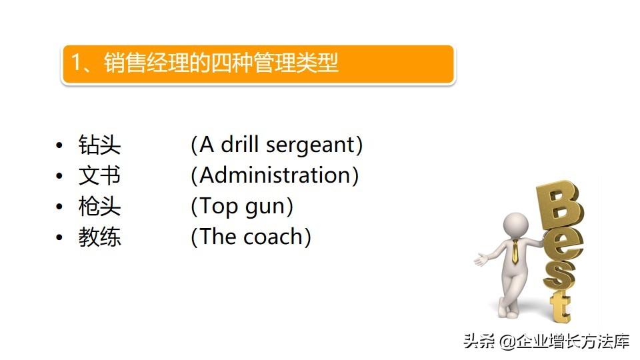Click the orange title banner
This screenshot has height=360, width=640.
coord(258,65)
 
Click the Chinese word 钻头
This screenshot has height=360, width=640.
coord(99,145)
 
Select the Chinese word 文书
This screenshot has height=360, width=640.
coord(99,175)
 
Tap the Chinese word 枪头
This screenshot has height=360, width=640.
coord(99,206)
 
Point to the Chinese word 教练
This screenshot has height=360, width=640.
coord(99,237)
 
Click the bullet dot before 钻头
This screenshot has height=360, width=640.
coord(59,145)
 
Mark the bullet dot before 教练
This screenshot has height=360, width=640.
coord(59,237)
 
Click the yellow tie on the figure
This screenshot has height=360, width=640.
coord(515,251)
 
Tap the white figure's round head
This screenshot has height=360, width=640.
coord(516,225)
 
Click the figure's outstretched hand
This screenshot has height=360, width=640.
coord(481,259)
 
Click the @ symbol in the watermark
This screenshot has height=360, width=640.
coord(507,341)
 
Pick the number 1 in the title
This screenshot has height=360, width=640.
coord(76,63)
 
